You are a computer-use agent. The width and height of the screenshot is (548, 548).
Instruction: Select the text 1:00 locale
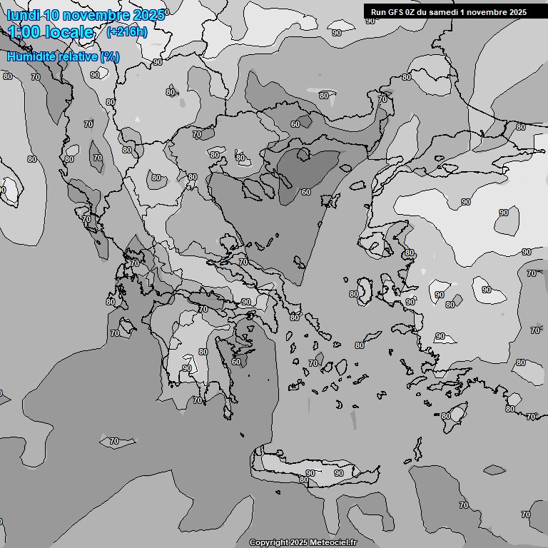[x=51, y=32]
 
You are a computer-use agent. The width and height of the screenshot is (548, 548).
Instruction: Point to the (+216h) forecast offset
[x=127, y=32]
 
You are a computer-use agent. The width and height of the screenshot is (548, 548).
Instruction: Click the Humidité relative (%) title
[x=64, y=56]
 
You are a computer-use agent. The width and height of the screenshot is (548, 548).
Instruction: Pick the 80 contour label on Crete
[x=304, y=479]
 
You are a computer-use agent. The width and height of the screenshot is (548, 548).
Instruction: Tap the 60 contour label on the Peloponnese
[x=236, y=362]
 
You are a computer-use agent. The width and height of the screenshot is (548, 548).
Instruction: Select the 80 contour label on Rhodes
[x=446, y=416]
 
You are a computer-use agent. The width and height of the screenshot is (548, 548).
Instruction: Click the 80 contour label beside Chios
[x=354, y=294]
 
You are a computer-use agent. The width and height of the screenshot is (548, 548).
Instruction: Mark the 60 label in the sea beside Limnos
[x=305, y=192]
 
